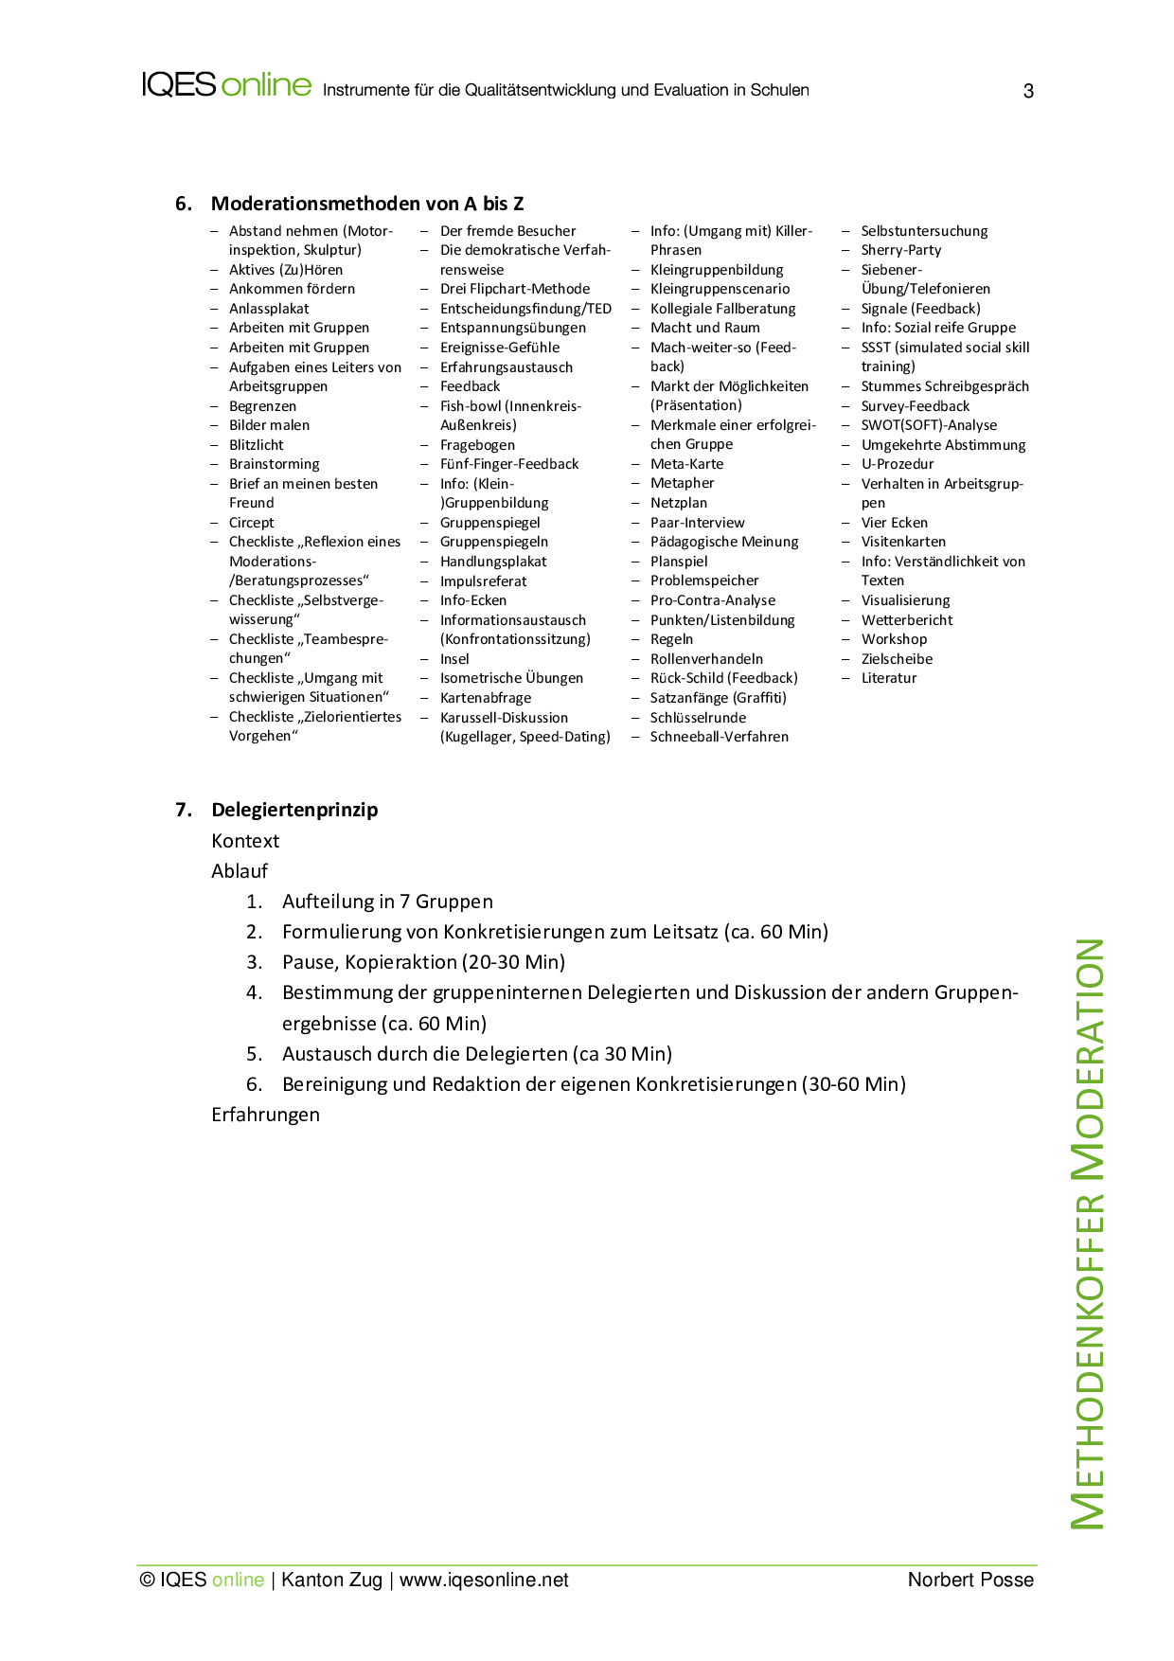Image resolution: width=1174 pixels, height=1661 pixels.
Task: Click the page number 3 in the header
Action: (x=1028, y=92)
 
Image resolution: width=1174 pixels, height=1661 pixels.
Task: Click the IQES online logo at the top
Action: (x=226, y=85)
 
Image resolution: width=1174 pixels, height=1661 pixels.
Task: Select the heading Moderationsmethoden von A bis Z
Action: (x=366, y=204)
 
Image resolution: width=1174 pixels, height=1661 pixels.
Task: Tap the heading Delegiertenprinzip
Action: (x=294, y=810)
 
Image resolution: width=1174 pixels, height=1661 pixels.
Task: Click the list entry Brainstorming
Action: (x=274, y=464)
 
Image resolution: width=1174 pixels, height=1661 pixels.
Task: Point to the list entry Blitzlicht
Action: (x=256, y=445)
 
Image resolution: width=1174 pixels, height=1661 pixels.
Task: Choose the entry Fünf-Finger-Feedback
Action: (x=508, y=464)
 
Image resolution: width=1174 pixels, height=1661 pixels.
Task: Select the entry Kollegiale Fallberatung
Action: (x=722, y=309)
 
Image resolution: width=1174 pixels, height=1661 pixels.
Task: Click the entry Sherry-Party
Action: (x=900, y=250)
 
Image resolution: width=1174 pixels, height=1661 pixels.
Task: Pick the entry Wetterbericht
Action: (x=906, y=620)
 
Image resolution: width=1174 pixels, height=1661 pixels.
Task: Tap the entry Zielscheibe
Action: (x=897, y=659)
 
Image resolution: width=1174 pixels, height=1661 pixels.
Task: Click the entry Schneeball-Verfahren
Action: (x=719, y=737)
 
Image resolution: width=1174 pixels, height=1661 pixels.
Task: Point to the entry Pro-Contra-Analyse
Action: (x=712, y=600)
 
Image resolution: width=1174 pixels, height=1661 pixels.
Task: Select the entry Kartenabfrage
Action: (x=485, y=698)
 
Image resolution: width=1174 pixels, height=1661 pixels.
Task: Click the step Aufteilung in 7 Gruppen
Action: (x=387, y=902)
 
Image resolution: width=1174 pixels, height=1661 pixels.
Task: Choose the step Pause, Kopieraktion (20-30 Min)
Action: (x=423, y=962)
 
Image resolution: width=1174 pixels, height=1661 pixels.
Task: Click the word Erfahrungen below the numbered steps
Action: (x=265, y=1115)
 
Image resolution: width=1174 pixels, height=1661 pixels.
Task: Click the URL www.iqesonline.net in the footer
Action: (x=484, y=1580)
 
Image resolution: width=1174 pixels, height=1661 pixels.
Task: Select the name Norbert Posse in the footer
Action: (x=970, y=1580)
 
